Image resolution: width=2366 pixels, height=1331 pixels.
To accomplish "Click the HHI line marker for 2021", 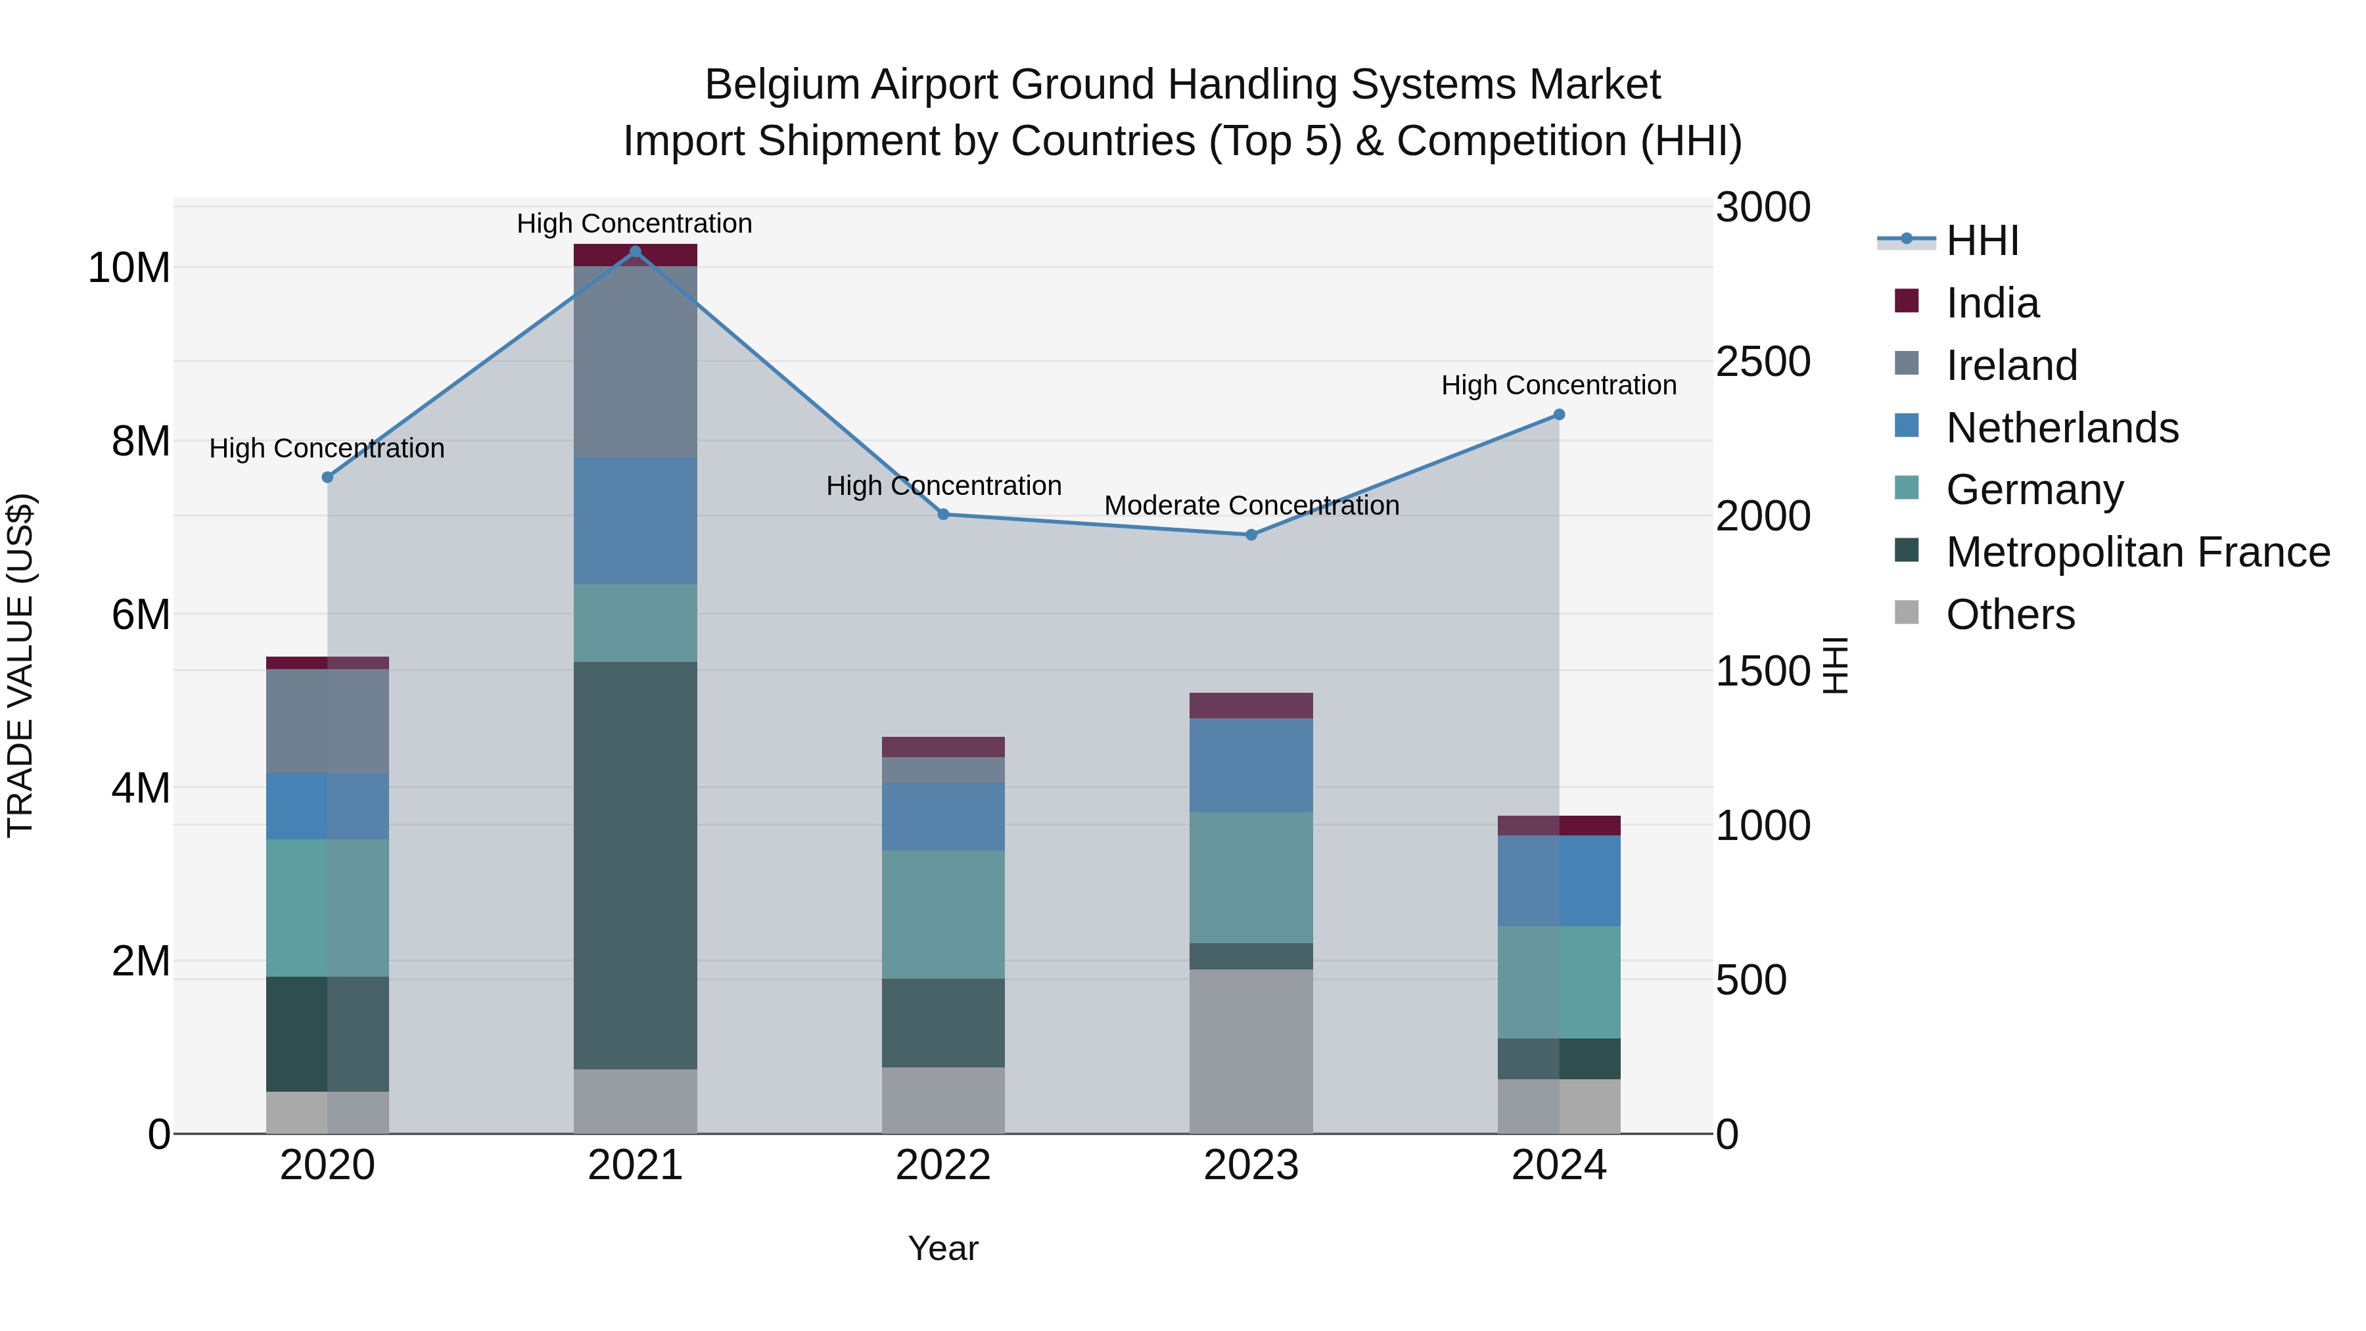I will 635,252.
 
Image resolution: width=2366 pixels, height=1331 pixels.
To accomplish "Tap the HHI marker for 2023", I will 1251,534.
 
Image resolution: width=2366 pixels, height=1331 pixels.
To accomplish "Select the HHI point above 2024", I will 1559,415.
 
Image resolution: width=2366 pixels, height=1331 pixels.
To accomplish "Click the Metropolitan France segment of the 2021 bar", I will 635,864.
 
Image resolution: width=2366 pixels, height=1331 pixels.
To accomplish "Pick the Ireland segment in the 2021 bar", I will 635,361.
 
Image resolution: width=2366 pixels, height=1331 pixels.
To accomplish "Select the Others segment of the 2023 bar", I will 1251,1051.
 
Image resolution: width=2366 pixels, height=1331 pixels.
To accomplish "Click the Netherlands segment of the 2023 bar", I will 1251,764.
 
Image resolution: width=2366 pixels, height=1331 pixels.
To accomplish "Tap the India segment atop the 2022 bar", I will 943,747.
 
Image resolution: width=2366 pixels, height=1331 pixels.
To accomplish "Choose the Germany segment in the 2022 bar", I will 943,914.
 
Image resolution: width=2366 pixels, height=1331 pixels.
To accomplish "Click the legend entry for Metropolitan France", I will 2137,552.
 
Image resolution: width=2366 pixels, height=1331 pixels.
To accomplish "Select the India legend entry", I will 1991,303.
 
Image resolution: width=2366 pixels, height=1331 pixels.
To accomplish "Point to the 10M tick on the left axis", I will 129,268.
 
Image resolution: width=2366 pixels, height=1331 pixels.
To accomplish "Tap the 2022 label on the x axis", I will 943,1165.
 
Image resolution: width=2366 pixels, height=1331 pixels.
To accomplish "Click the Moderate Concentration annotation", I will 1251,505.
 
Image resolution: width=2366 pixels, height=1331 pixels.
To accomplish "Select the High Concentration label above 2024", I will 1559,385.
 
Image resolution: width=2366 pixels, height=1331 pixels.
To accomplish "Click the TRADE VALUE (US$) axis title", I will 20,665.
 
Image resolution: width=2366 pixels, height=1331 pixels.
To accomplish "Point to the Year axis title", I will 943,1248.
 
